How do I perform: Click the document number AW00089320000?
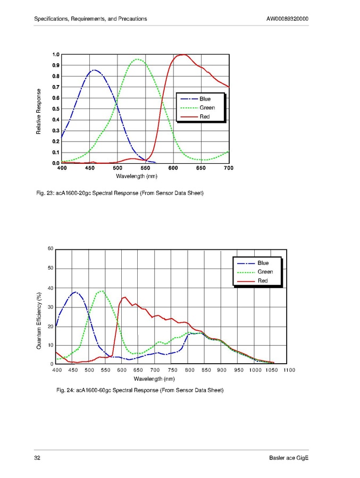(287, 19)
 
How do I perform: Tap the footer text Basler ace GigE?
(289, 458)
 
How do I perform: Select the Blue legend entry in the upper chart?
(205, 99)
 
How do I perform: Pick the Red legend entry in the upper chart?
(205, 116)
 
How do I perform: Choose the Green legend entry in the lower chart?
(265, 272)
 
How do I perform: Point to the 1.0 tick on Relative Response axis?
(56, 54)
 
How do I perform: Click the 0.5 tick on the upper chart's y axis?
(56, 109)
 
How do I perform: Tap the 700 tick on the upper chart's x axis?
(229, 168)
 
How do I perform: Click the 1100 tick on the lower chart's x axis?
(289, 370)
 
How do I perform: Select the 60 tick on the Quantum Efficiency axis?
(51, 249)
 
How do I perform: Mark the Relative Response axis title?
(39, 111)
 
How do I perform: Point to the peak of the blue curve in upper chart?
(95, 70)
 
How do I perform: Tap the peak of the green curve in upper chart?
(138, 60)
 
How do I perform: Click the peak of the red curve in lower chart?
(124, 297)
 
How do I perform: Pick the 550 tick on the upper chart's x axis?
(145, 168)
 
